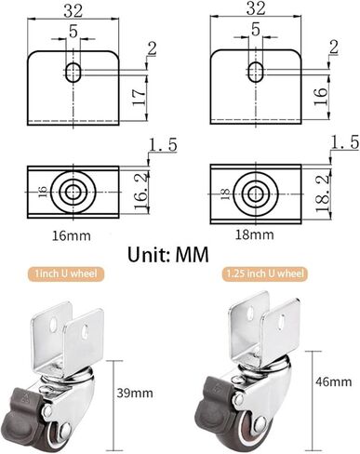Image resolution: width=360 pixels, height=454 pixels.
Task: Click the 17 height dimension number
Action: [x=139, y=97]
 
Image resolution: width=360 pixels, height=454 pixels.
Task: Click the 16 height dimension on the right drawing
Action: [x=321, y=96]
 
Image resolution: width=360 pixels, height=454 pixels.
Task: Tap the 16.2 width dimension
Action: [x=141, y=193]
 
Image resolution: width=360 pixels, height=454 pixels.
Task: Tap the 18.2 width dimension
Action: [x=323, y=193]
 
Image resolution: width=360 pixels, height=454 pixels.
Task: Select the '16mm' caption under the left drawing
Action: [x=71, y=236]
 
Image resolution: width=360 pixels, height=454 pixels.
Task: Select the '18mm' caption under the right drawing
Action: [x=254, y=234]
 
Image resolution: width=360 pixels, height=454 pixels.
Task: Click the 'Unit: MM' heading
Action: [x=168, y=255]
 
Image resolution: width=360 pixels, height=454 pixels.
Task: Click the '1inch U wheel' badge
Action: [x=65, y=274]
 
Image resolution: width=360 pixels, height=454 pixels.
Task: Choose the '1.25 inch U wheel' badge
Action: [x=264, y=274]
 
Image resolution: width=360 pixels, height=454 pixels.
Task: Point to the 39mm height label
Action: [x=135, y=394]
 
